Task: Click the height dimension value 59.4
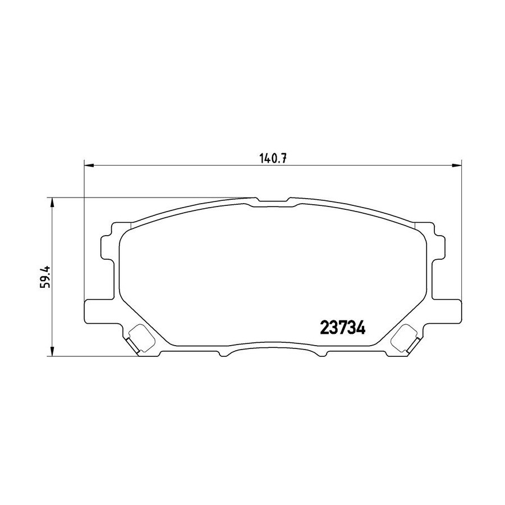click(45, 277)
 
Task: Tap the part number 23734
click(343, 328)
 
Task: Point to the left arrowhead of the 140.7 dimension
click(89, 166)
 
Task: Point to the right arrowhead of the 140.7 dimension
click(456, 166)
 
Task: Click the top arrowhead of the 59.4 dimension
click(52, 203)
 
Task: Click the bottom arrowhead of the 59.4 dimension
click(52, 351)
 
